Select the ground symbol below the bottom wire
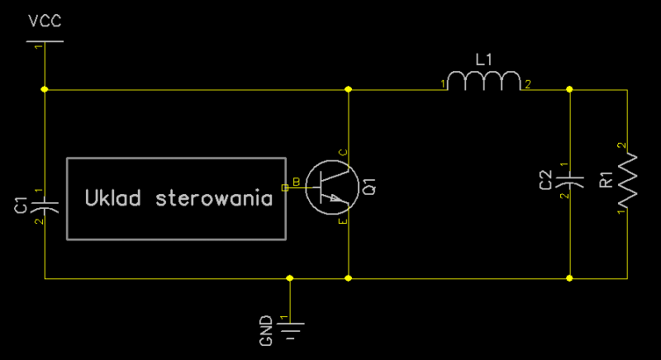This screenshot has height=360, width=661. [290, 330]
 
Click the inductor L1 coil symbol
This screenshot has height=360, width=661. [484, 81]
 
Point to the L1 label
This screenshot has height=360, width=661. [483, 59]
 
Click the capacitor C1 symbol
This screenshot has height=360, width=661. [44, 202]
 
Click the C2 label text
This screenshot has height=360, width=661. [545, 180]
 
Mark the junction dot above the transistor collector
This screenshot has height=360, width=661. [348, 89]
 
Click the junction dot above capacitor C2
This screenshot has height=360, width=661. [569, 89]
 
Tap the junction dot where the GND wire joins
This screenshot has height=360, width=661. [290, 279]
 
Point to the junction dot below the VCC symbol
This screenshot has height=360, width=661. [44, 89]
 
